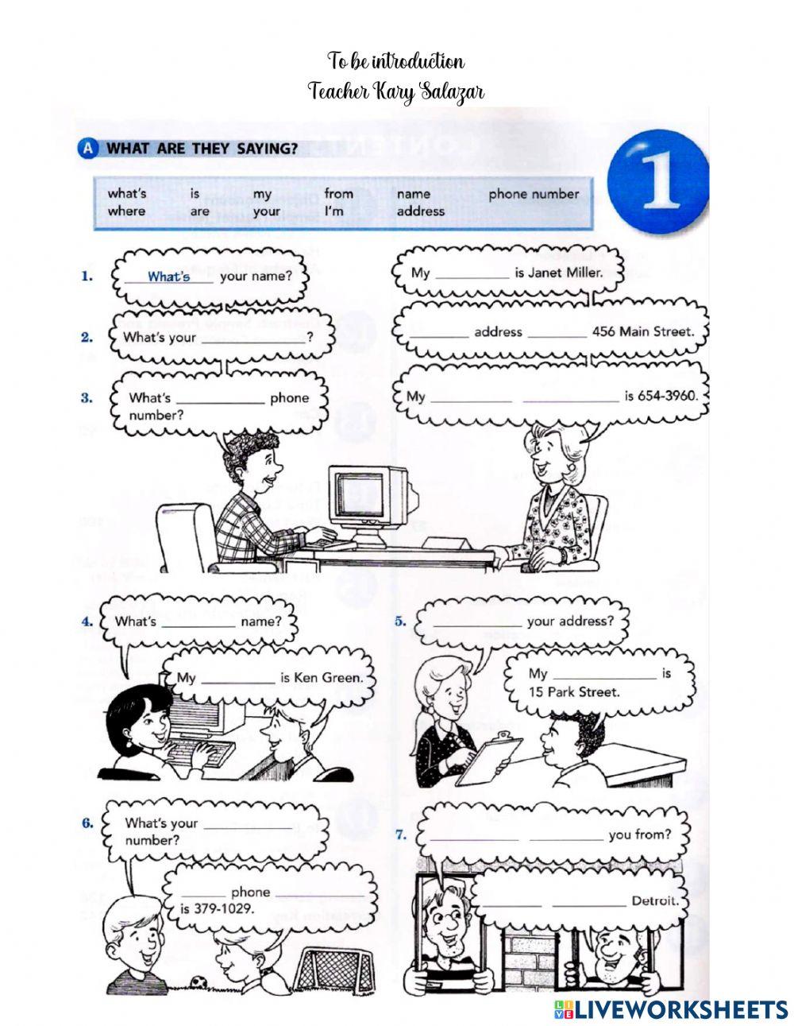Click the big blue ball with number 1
[x=657, y=182]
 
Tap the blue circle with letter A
[x=87, y=149]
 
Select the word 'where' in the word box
[x=126, y=211]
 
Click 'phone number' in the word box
[x=534, y=194]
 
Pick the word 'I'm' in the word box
[x=333, y=211]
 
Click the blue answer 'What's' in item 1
[x=169, y=277]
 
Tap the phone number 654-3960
[x=667, y=396]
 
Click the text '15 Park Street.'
[x=574, y=692]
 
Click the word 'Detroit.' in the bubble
[x=656, y=901]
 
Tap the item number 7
[x=401, y=834]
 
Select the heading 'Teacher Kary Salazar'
[x=396, y=91]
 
